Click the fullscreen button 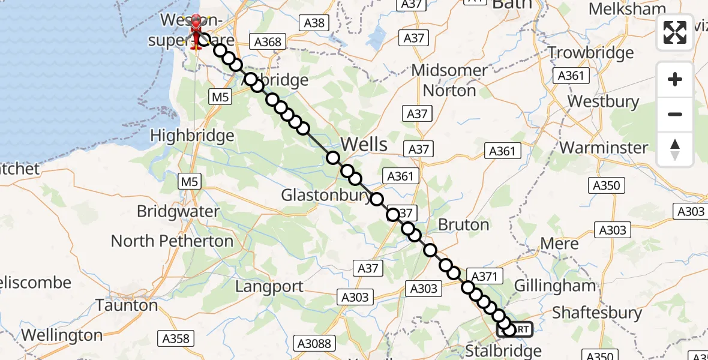tap(675, 32)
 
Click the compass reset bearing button tap(675, 149)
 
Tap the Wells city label tap(364, 145)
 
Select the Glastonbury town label tap(325, 195)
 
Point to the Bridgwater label tap(178, 211)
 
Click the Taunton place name tap(127, 305)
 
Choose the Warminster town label tap(604, 148)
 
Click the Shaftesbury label tap(596, 313)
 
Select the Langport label tap(269, 286)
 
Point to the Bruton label tap(464, 224)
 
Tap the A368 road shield tap(268, 43)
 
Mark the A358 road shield tap(176, 339)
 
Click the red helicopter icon tap(196, 33)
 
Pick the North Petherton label tap(172, 241)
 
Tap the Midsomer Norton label tap(449, 80)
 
